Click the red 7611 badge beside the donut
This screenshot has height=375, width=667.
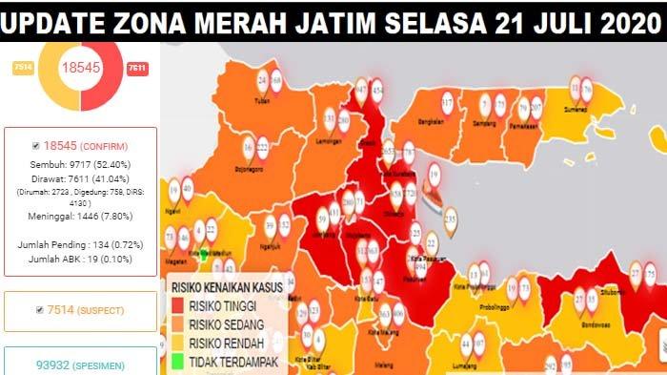pos(137,69)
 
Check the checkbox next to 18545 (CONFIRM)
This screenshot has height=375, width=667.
pos(36,146)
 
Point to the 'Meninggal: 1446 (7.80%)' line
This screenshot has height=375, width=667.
pos(80,216)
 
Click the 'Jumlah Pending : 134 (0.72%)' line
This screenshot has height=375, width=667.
pos(80,245)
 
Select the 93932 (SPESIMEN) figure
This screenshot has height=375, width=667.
pos(80,365)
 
